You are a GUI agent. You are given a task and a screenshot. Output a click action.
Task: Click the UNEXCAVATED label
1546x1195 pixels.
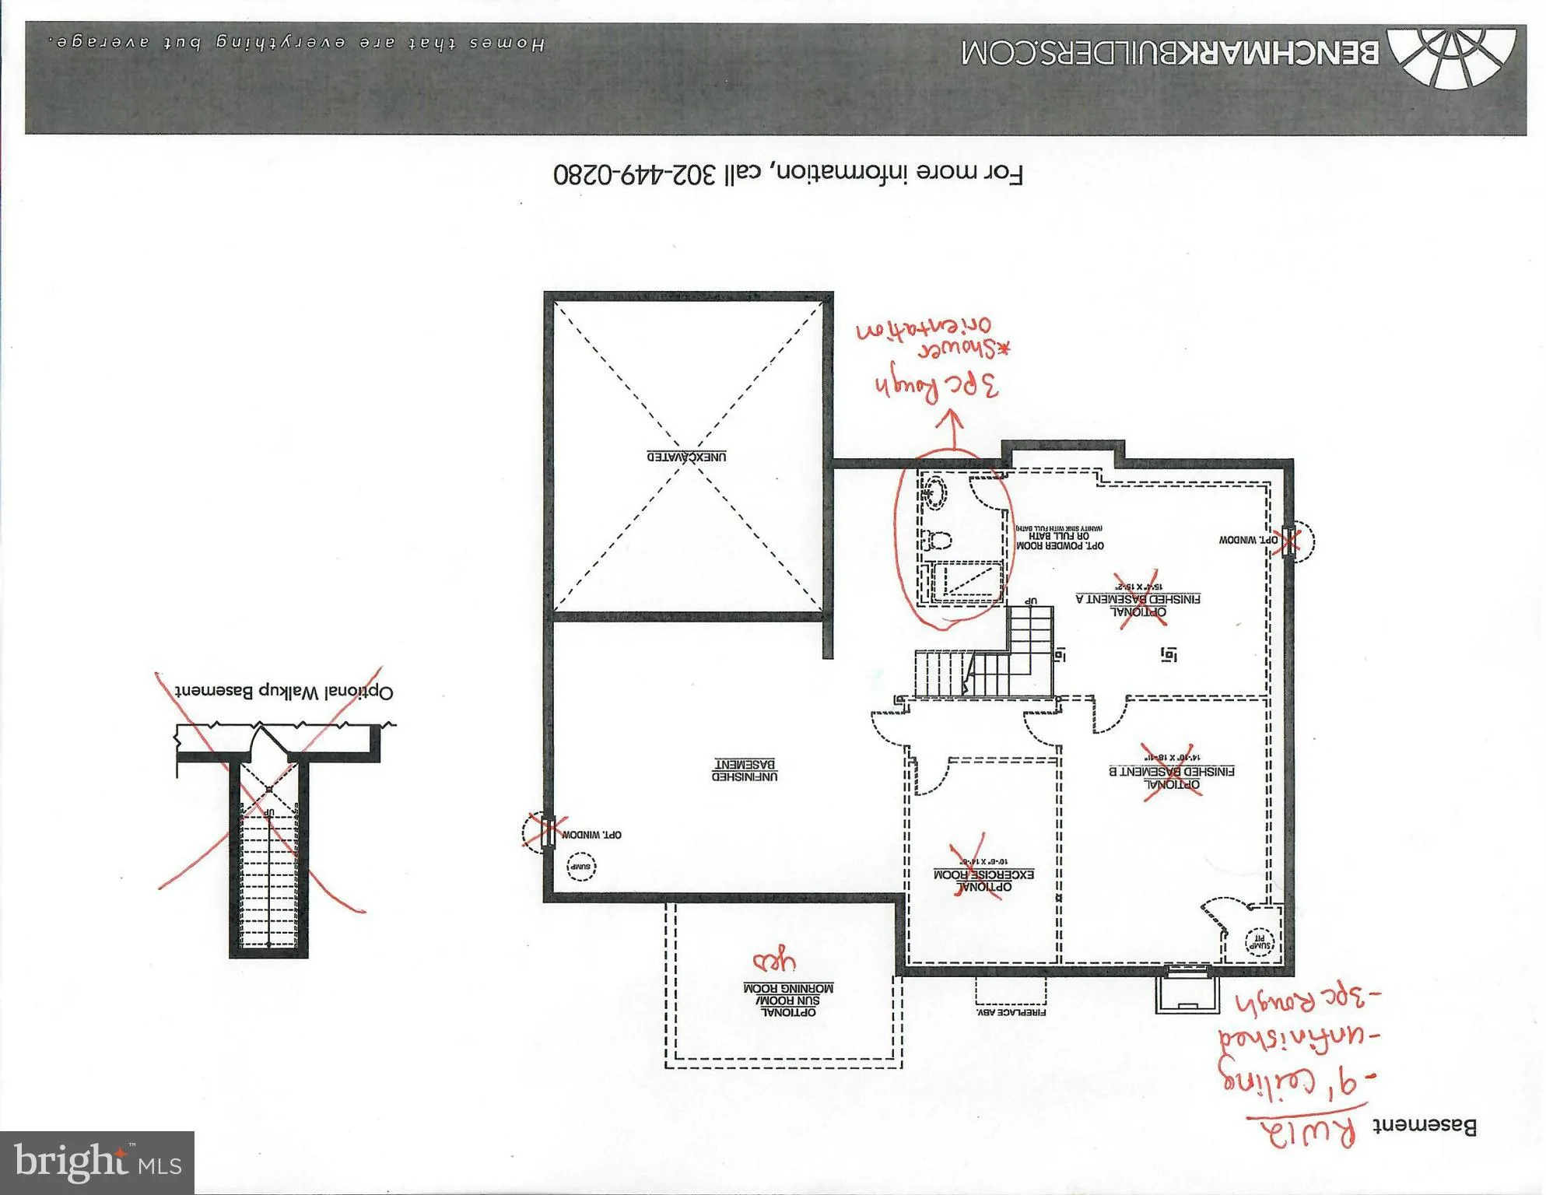687,457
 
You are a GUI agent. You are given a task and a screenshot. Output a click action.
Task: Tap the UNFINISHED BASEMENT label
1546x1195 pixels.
745,770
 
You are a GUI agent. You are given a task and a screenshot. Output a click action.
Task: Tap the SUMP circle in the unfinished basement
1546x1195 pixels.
581,867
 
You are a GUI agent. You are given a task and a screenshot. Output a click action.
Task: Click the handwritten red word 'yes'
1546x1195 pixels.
773,962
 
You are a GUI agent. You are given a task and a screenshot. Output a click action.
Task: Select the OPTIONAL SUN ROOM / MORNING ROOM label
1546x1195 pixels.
788,1000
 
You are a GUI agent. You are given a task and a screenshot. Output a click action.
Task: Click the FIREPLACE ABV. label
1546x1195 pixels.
1010,1012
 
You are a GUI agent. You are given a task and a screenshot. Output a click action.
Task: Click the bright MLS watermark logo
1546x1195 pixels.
96,1163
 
